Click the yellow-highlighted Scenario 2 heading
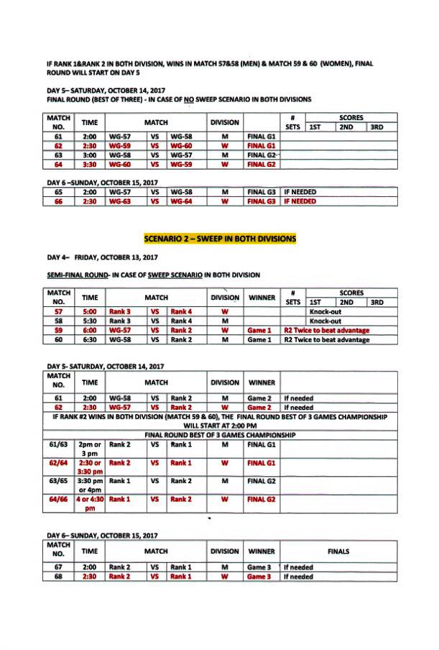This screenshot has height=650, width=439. [219, 238]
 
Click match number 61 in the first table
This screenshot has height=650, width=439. [59, 135]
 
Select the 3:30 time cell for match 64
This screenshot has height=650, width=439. [90, 163]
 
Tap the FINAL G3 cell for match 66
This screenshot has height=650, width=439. [261, 201]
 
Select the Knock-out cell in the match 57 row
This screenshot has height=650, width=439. [328, 312]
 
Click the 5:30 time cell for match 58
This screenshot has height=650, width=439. [90, 321]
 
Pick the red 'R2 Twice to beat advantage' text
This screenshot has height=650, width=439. [326, 330]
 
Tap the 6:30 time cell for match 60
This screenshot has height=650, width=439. [90, 339]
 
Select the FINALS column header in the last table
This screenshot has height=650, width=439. [338, 551]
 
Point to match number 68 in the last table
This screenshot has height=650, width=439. [59, 576]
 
